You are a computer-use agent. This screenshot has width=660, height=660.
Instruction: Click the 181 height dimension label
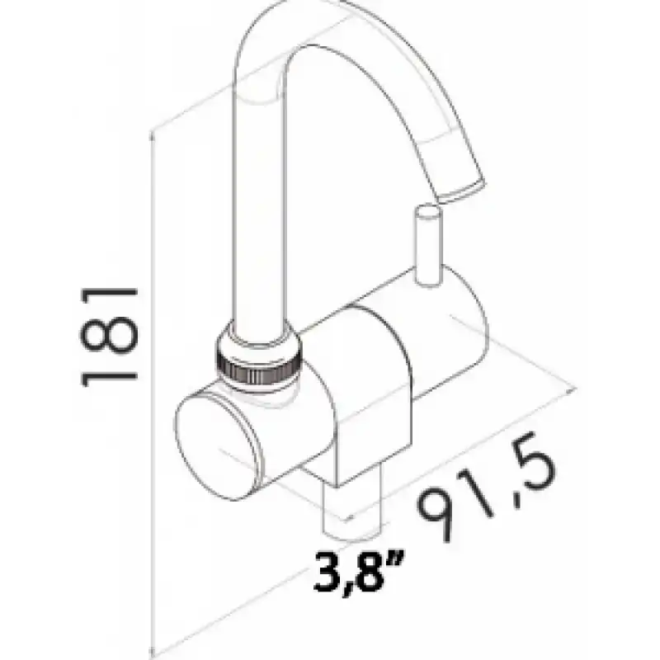109,337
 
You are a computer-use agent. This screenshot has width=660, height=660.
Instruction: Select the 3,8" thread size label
359,572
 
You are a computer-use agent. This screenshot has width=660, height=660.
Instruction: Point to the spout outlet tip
462,191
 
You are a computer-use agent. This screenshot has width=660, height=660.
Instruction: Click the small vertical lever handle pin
428,245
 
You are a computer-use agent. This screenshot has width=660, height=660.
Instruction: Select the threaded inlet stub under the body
351,511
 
